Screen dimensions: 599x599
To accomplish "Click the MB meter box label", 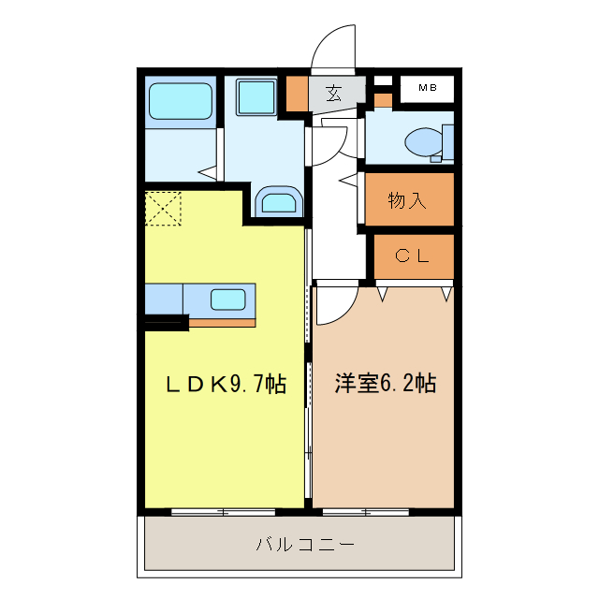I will click(427, 88).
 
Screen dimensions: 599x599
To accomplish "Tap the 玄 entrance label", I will click(334, 93).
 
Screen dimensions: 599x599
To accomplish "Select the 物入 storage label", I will click(407, 199).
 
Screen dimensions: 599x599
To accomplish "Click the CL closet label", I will click(411, 256).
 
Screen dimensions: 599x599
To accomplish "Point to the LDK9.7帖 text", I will click(226, 384).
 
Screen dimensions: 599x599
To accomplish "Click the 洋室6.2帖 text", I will click(385, 384).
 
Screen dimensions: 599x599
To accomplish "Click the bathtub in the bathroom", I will click(181, 102).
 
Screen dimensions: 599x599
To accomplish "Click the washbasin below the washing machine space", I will click(279, 202).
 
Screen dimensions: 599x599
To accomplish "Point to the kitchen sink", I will click(227, 299).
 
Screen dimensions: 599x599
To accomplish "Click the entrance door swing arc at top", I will click(334, 47).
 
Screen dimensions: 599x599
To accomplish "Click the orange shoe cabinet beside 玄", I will click(297, 93).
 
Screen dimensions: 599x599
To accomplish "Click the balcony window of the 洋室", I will click(366, 511).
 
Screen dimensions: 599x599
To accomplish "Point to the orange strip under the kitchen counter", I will click(223, 323).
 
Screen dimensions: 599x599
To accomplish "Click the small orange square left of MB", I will click(383, 98).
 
